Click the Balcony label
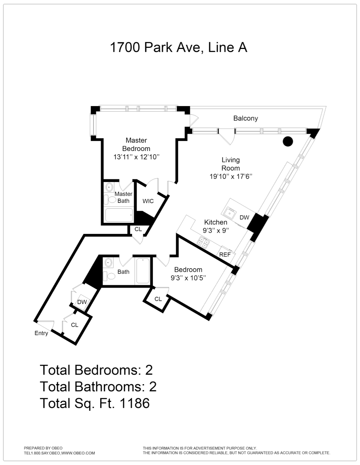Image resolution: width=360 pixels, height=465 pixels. [x=245, y=118]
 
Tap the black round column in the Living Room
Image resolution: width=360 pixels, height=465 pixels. [x=288, y=141]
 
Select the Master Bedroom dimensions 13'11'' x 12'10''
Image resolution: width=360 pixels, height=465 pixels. [x=136, y=157]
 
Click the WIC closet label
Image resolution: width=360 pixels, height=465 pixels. [x=148, y=201]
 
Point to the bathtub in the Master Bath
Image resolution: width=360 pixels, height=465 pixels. [x=119, y=215]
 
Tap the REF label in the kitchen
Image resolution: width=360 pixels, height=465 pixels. [x=225, y=254]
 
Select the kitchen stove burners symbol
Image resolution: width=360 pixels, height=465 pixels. [x=203, y=242]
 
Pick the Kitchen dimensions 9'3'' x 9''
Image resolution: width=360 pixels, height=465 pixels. [x=216, y=230]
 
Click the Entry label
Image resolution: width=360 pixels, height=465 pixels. [x=41, y=333]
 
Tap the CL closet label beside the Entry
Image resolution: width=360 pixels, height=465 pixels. [x=75, y=324]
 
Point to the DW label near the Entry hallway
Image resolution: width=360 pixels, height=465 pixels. [x=82, y=302]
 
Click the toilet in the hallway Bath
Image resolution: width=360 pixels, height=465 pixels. [x=110, y=276]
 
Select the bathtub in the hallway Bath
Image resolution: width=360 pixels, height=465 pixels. [x=143, y=271]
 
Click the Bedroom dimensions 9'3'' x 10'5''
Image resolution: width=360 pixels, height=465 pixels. [x=188, y=277]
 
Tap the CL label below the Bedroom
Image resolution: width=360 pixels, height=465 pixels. [x=158, y=299]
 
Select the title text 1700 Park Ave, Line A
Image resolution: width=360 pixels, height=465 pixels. [x=179, y=47]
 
